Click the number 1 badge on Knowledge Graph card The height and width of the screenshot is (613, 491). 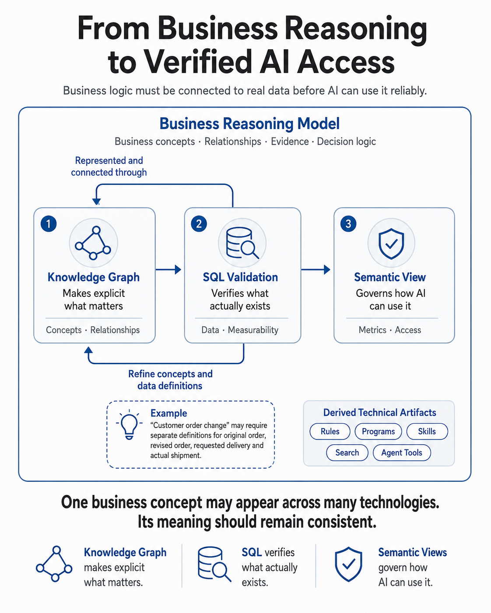click(x=49, y=223)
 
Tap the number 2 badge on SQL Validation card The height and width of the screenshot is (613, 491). click(x=199, y=223)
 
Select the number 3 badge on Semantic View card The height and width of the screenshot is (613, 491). click(x=348, y=223)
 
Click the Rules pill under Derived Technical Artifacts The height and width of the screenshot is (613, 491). click(x=330, y=431)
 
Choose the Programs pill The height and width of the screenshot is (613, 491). click(x=378, y=431)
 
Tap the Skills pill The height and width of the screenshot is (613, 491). click(x=427, y=431)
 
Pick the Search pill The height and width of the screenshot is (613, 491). click(x=347, y=453)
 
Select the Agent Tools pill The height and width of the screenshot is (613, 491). click(x=402, y=453)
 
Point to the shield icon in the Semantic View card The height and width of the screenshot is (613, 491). click(x=391, y=244)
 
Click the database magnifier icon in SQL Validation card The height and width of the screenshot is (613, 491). click(x=242, y=243)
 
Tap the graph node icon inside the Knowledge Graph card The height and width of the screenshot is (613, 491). click(x=93, y=243)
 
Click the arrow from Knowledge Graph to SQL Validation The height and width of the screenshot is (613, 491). click(x=168, y=269)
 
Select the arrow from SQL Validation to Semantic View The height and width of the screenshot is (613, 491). click(x=316, y=269)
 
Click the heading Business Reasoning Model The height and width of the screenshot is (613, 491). click(x=249, y=124)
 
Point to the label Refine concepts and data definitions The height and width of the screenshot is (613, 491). click(x=170, y=380)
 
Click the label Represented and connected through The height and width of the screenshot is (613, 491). click(x=109, y=166)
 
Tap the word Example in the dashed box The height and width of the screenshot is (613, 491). click(x=169, y=413)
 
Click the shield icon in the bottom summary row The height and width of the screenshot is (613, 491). click(x=348, y=564)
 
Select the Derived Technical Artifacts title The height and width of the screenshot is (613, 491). click(x=379, y=412)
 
